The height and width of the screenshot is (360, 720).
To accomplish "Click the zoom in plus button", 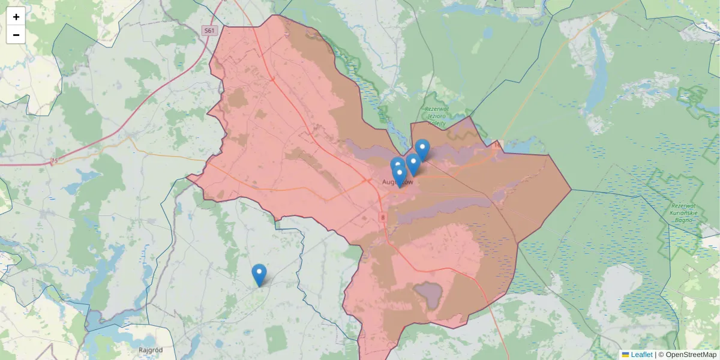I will click(x=16, y=16).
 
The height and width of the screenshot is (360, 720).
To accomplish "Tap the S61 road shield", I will click(x=208, y=30).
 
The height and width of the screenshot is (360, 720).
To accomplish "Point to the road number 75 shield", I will click(x=54, y=161).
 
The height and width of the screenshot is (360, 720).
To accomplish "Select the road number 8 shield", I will click(x=382, y=217).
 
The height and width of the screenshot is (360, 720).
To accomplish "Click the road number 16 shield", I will click(x=496, y=145).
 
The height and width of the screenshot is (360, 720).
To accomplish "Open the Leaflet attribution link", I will click(x=641, y=355).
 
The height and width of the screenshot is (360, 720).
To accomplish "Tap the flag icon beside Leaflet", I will click(x=625, y=355).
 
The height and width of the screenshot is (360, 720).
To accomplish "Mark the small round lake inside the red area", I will click(x=428, y=293).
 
